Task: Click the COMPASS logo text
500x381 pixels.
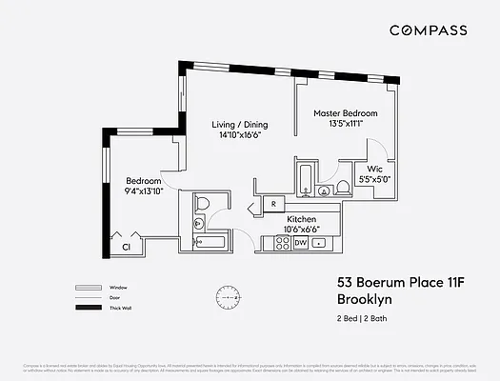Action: click(x=429, y=30)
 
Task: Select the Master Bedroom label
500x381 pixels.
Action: click(x=346, y=113)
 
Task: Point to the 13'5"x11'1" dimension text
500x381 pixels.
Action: click(x=346, y=124)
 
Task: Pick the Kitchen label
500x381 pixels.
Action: click(x=302, y=218)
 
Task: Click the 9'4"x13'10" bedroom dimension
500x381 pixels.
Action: click(x=145, y=190)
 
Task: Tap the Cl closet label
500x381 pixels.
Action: click(x=125, y=248)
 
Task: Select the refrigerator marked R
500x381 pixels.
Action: click(x=273, y=204)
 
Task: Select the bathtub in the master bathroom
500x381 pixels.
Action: click(x=304, y=179)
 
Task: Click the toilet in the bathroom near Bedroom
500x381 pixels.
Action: click(x=203, y=204)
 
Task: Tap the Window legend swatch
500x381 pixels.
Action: click(x=88, y=287)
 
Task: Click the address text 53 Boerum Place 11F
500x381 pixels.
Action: click(x=391, y=283)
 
